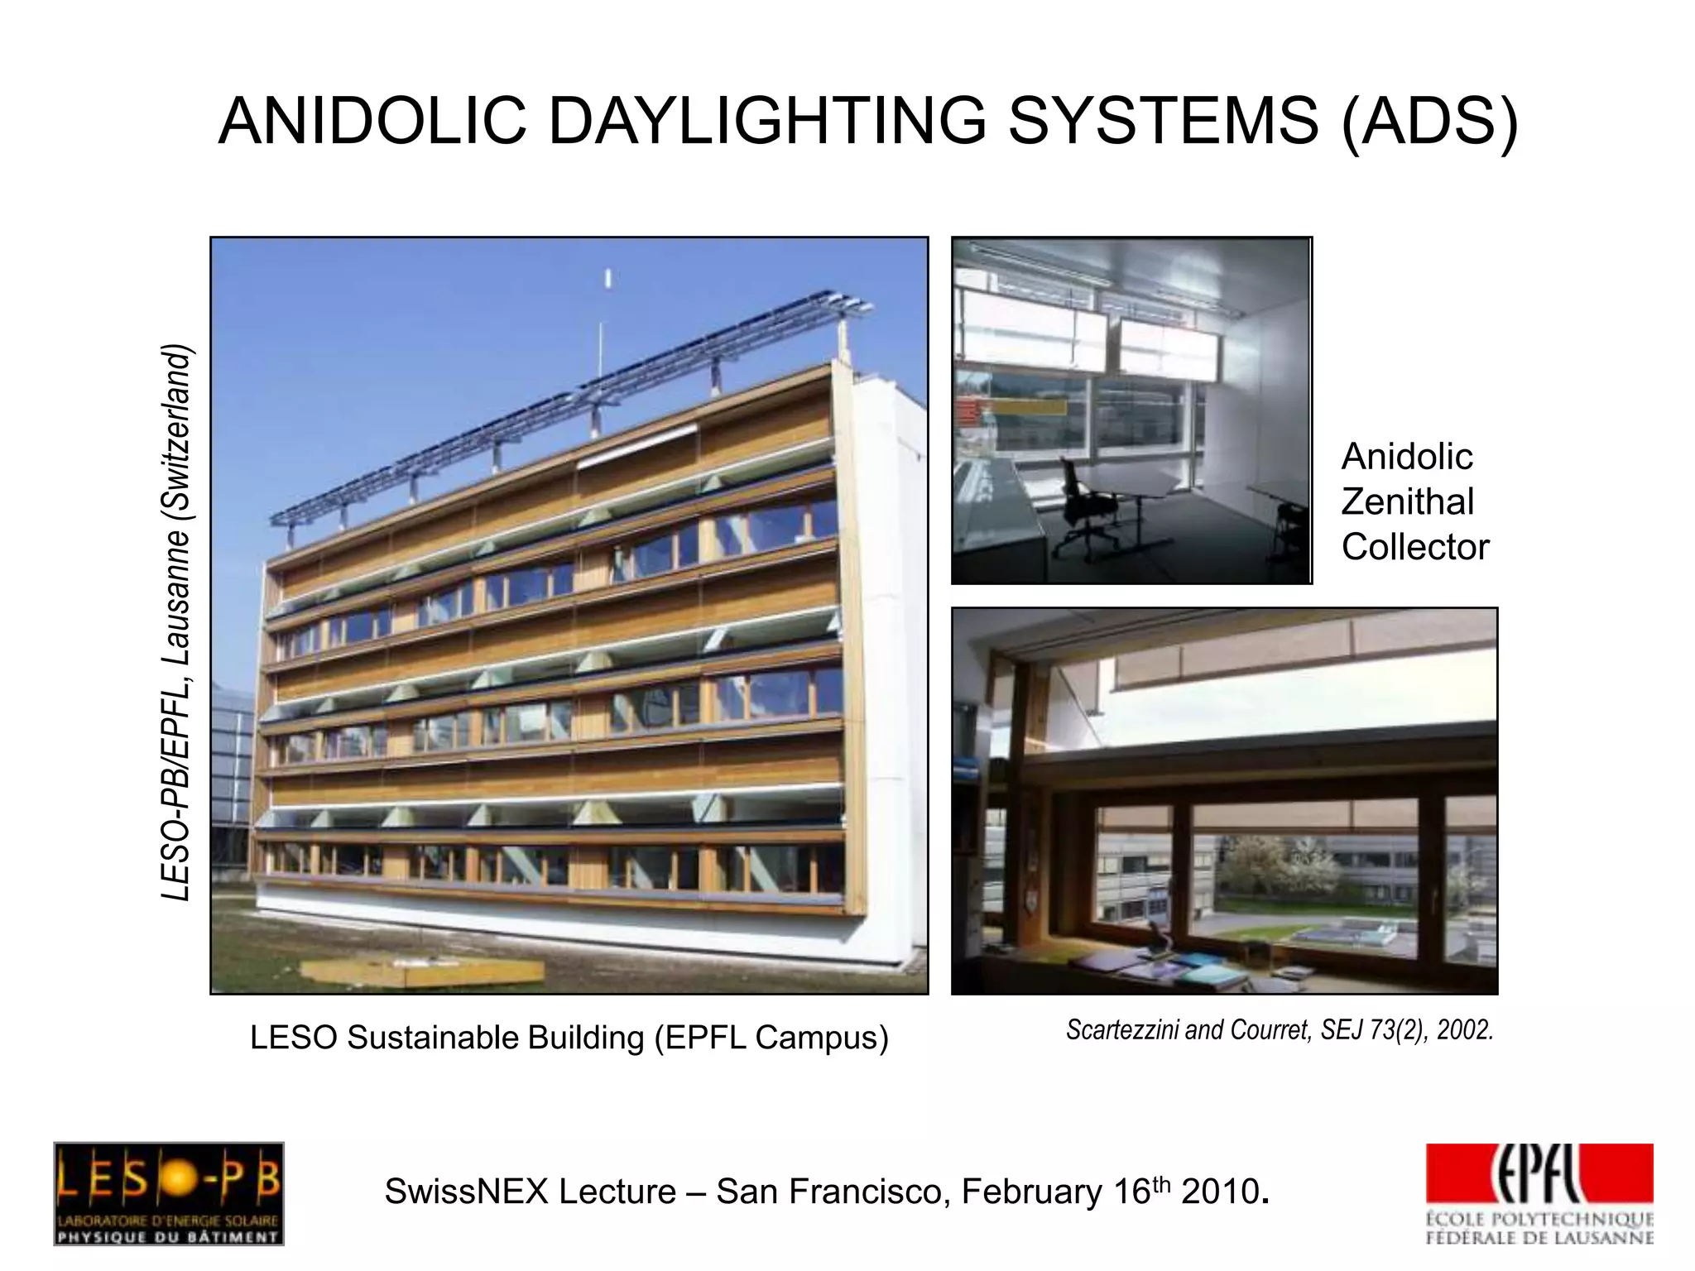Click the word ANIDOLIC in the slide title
(x=372, y=122)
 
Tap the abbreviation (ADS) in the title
(x=1429, y=122)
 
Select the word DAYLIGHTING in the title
(x=767, y=122)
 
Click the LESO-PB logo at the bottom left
(x=169, y=1193)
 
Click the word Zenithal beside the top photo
(x=1407, y=501)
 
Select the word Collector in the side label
(x=1414, y=547)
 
